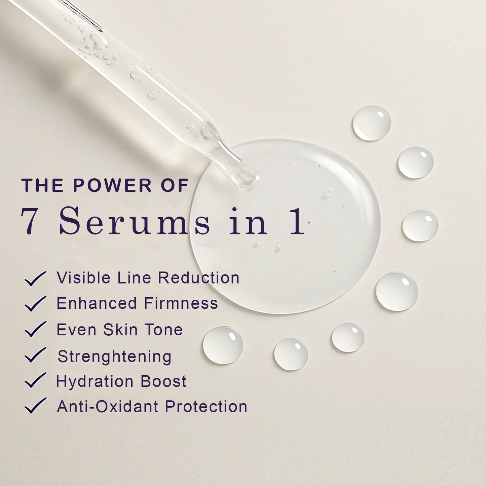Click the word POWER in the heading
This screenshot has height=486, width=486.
point(112,186)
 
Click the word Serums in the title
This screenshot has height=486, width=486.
point(135,222)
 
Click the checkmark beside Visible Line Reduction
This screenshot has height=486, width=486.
point(35,279)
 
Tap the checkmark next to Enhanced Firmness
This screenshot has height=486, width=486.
point(35,304)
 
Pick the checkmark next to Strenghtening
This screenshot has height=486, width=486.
point(35,355)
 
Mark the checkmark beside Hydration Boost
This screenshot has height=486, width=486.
point(35,380)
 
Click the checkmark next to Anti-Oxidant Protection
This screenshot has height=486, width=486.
point(35,406)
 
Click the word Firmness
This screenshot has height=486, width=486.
point(181,303)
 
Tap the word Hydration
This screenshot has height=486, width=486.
point(95,382)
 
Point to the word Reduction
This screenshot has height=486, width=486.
point(198,278)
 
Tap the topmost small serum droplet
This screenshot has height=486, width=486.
point(372,123)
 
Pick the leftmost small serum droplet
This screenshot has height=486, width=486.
point(223,345)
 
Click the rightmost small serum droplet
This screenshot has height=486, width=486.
point(420,225)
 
